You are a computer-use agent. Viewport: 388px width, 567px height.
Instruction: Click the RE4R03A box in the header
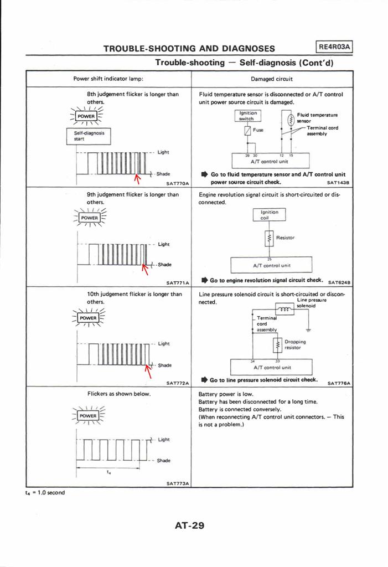333,47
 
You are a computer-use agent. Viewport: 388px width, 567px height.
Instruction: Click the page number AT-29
189,525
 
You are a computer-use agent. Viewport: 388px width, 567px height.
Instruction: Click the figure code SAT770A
177,182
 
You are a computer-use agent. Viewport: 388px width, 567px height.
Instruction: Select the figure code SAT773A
177,483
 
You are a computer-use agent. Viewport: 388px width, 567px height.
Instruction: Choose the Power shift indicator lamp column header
108,79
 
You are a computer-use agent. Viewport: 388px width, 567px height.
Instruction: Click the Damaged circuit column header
271,79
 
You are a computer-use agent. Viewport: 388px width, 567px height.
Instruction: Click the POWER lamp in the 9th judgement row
88,218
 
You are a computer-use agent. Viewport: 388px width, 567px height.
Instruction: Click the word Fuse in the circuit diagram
258,130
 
